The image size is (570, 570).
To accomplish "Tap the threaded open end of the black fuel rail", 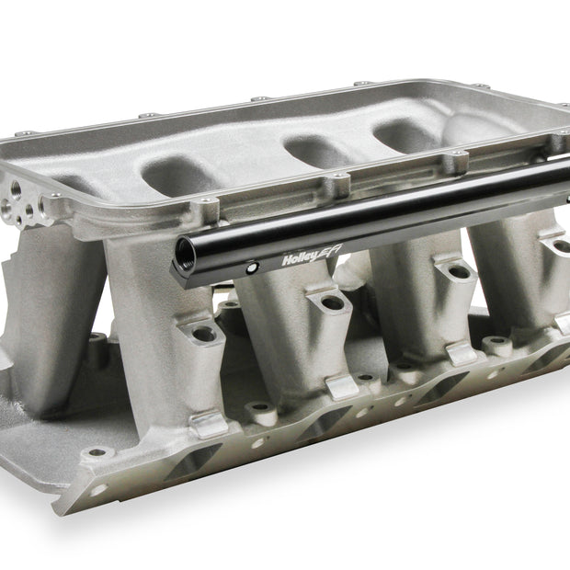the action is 185,254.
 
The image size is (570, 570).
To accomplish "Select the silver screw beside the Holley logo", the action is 251,268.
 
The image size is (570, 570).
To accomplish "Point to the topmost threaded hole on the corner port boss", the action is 17,188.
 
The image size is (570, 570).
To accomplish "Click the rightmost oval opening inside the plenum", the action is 404,136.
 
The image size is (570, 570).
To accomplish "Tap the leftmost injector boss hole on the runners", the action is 204,334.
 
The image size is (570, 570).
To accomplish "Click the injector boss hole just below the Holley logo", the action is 333,302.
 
